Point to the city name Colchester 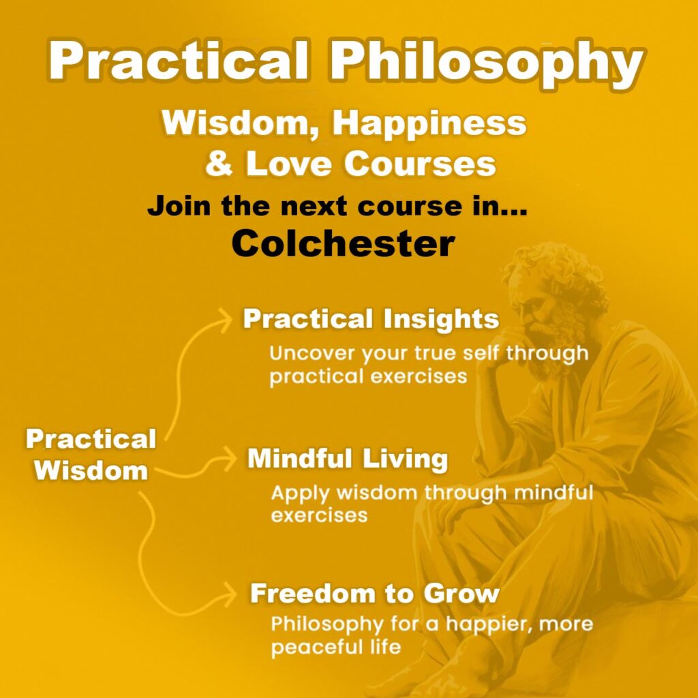click(x=342, y=243)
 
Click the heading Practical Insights click(x=371, y=319)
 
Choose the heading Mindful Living click(x=347, y=459)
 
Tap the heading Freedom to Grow click(x=375, y=593)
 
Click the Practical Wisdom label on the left click(x=91, y=454)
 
